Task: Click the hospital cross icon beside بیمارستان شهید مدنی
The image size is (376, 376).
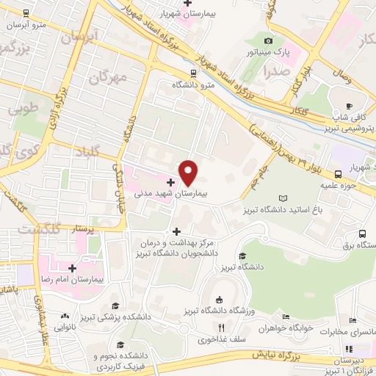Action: pyautogui.click(x=172, y=182)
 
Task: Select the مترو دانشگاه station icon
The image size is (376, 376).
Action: pyautogui.click(x=193, y=73)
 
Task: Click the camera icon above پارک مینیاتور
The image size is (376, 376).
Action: pyautogui.click(x=268, y=41)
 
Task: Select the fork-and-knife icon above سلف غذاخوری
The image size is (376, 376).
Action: pyautogui.click(x=220, y=328)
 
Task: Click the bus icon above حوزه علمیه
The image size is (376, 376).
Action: pyautogui.click(x=339, y=174)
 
